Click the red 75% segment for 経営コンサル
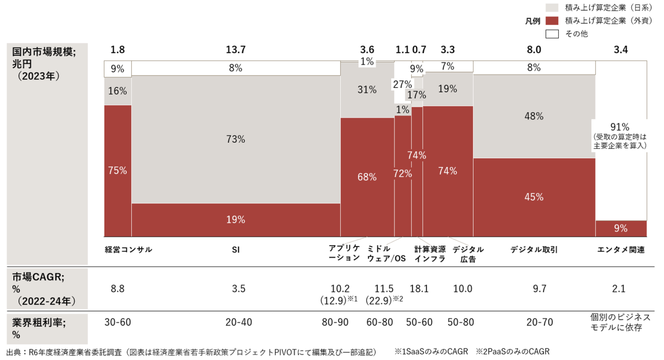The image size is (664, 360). (x=118, y=171)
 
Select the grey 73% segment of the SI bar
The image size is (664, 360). (x=236, y=139)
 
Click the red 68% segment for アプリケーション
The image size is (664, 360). (x=367, y=177)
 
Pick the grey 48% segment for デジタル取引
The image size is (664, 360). (x=534, y=117)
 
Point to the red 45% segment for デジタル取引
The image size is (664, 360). (x=534, y=197)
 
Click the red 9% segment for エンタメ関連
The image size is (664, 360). (x=621, y=228)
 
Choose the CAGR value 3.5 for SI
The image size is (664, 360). (x=238, y=288)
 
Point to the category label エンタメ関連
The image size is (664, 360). (x=621, y=250)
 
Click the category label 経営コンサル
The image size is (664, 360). (x=128, y=250)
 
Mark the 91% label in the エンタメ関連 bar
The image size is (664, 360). (x=620, y=125)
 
